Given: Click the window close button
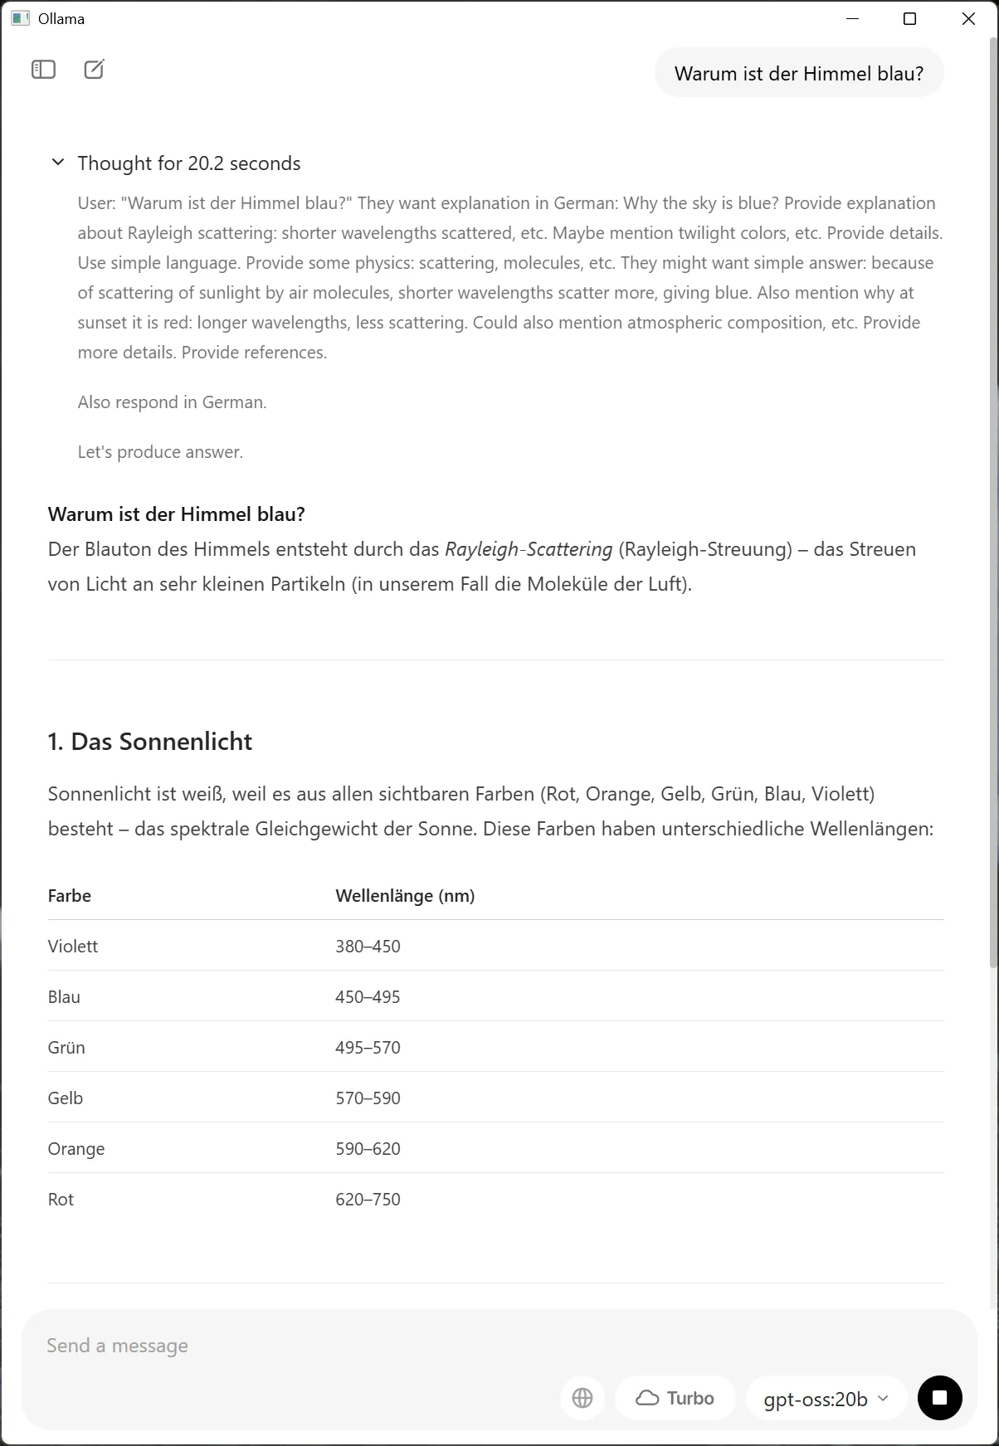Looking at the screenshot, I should coord(968,19).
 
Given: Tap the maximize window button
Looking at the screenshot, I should coord(909,19).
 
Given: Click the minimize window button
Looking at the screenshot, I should coord(852,19).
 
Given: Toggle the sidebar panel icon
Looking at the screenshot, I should coord(43,70).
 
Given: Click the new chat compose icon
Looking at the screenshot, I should coord(95,70).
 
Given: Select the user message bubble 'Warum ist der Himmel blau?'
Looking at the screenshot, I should coord(798,74).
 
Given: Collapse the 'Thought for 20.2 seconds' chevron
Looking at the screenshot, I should coord(58,163).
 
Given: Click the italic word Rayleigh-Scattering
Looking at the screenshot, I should coord(529,549).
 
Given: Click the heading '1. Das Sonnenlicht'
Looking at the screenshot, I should coord(150,742).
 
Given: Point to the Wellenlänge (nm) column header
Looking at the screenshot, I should coord(405,896).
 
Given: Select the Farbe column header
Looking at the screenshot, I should coord(70,896).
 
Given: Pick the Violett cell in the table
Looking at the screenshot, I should coord(73,947).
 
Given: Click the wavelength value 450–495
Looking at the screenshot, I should coord(368,997).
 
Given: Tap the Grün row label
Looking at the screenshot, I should coord(66,1048).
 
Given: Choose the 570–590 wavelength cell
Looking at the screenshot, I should coord(368,1098).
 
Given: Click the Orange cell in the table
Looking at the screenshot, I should coord(76,1149).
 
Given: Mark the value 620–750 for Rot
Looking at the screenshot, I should coord(368,1200).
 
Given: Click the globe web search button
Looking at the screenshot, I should coord(582,1398).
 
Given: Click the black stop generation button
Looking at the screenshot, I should coord(939,1398).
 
